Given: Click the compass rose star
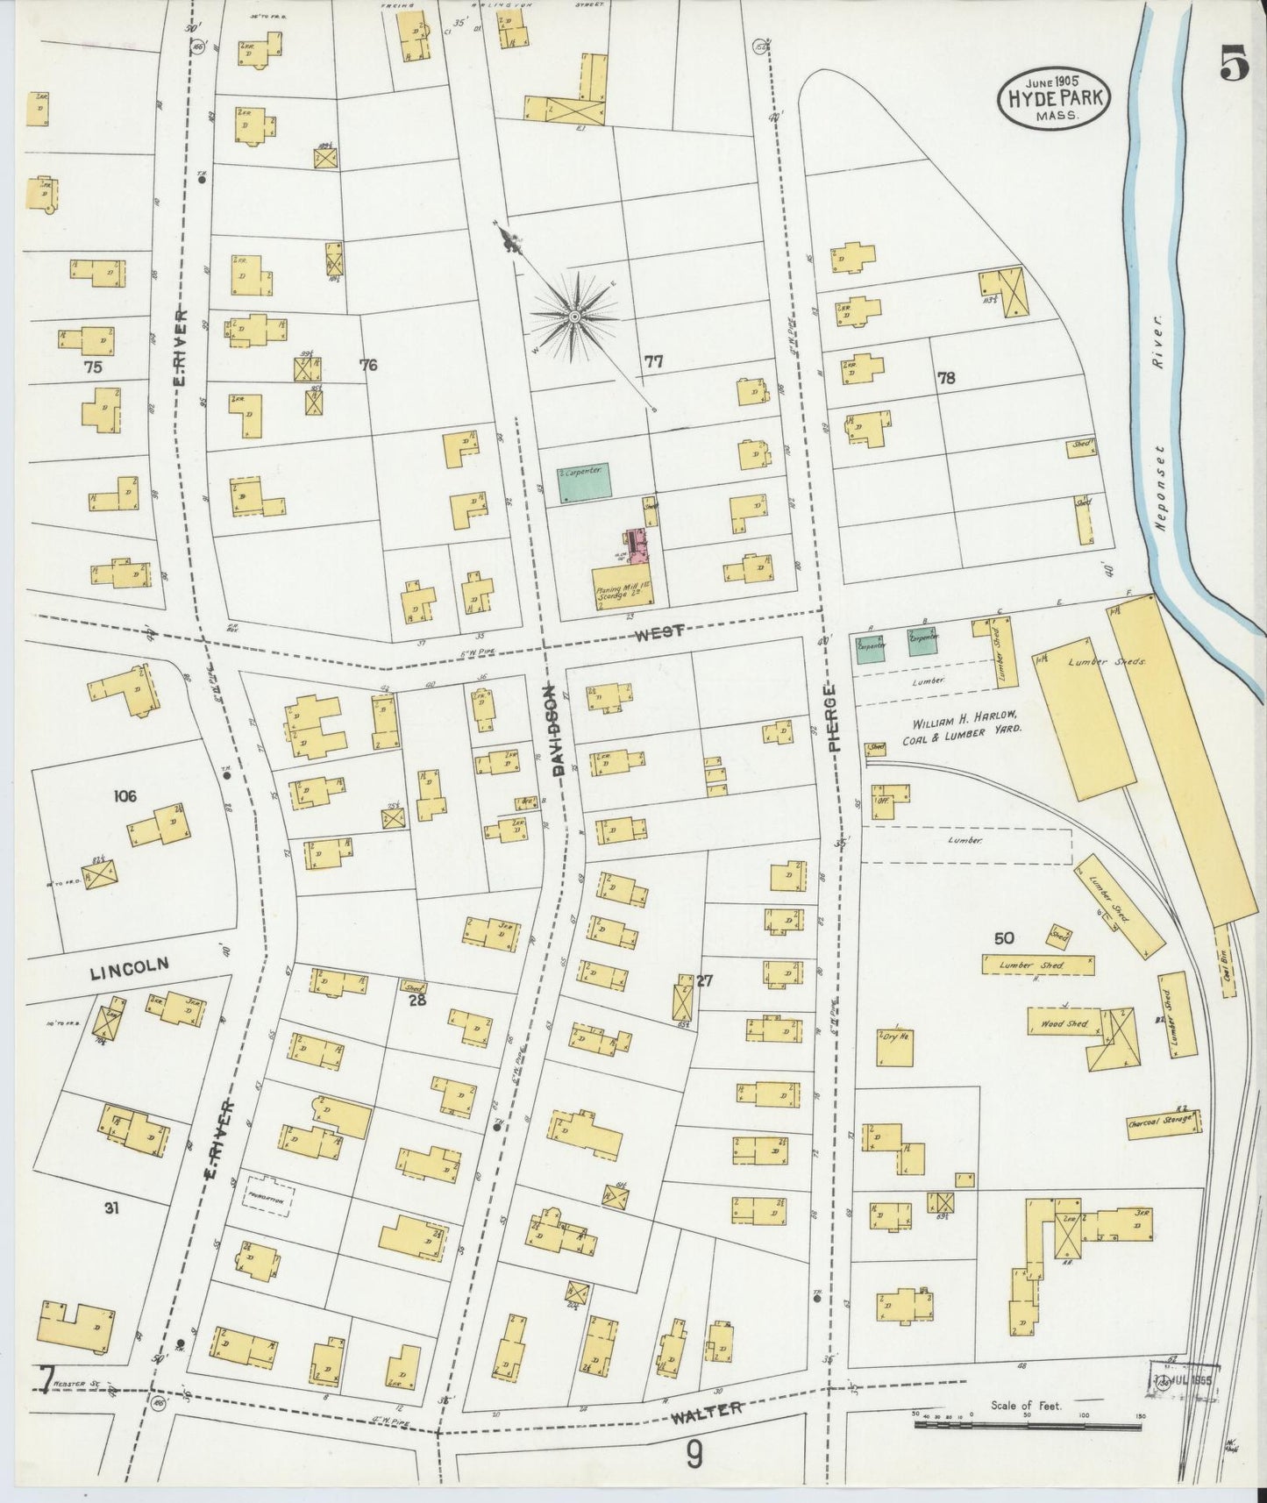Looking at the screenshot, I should coord(574,316).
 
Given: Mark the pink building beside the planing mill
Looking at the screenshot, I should coord(638,548).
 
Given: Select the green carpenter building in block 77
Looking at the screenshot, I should coord(585,483).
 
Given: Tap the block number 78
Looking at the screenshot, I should coord(945,378).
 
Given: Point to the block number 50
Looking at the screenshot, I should coord(1004,937).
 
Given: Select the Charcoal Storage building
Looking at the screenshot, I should coord(1162,1122).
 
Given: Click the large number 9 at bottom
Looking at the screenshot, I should coord(694,1457).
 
